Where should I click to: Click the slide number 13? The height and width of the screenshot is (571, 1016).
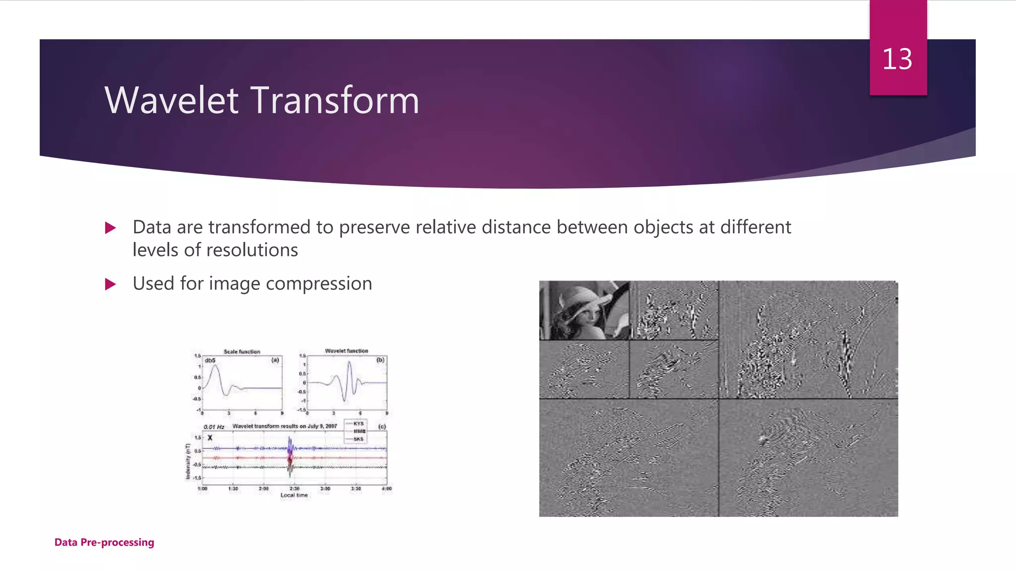pos(897,59)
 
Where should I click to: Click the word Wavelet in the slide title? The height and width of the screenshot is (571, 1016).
pos(172,101)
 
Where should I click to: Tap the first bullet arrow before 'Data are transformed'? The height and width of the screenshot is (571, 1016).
pos(111,228)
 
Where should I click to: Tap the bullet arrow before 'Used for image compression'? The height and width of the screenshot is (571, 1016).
pos(111,285)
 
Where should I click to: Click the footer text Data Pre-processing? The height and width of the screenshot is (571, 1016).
pos(104,542)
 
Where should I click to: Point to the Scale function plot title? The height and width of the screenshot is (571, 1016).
pos(242,351)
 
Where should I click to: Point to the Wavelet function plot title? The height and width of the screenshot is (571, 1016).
pos(346,350)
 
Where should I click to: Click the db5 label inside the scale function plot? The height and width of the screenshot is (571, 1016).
pos(210,360)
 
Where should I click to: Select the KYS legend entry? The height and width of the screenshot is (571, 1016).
pos(358,424)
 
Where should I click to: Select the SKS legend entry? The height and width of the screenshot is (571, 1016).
pos(358,439)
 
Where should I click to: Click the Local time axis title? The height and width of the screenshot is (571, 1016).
pos(294,495)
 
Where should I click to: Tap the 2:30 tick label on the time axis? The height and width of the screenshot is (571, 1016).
pos(294,489)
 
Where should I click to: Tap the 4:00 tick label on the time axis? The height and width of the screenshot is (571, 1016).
pos(386,489)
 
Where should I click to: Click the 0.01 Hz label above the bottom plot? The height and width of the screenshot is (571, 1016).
pos(213,427)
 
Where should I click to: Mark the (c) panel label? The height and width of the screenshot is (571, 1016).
pos(381,426)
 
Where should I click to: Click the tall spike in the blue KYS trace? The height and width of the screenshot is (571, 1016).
pos(290,443)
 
